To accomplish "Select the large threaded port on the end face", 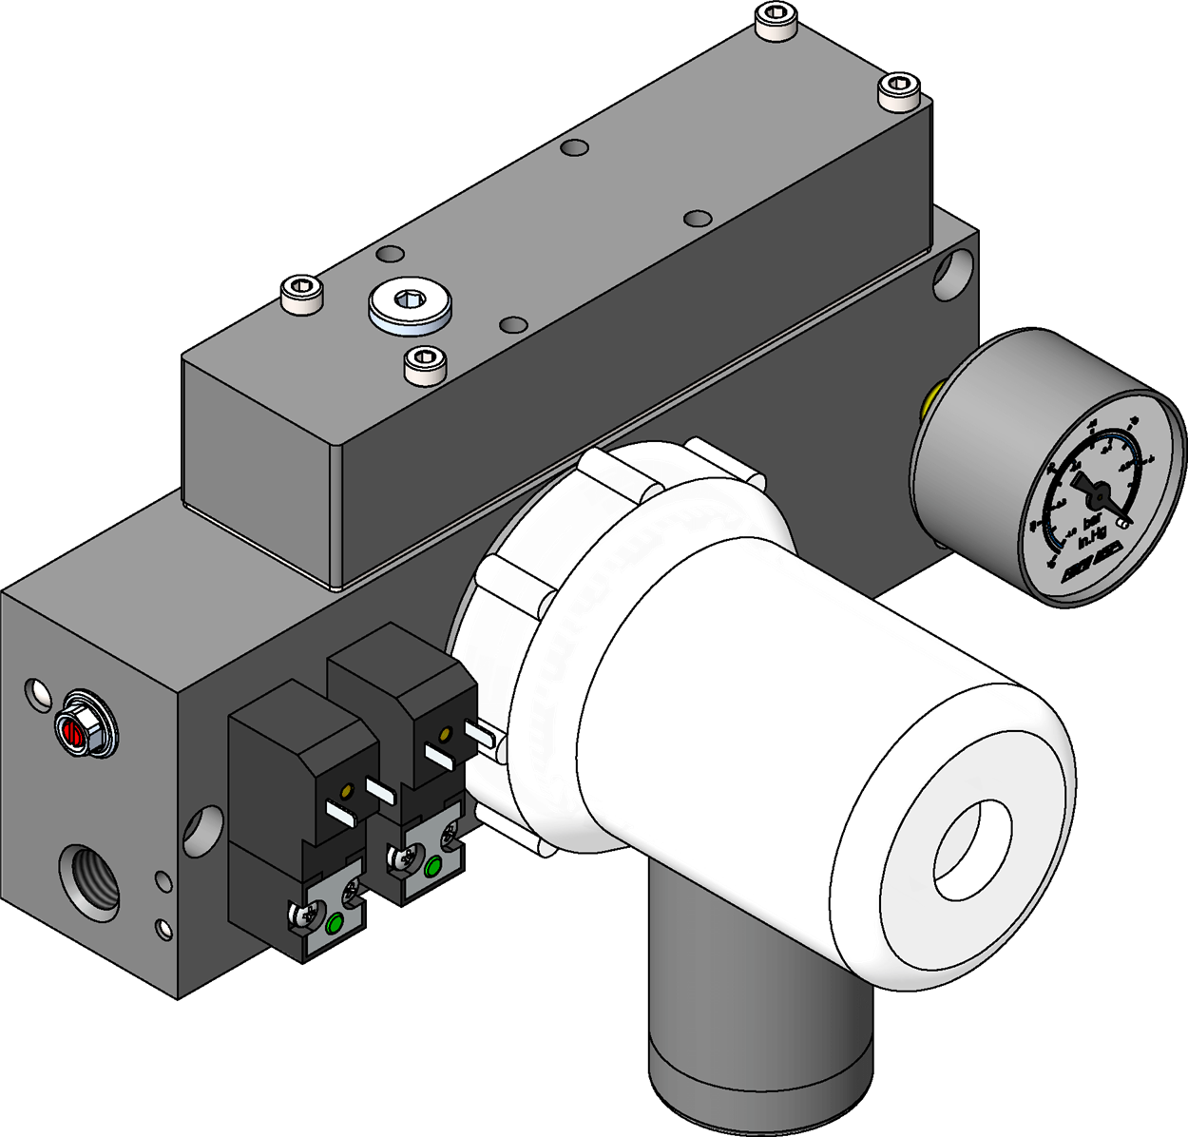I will point(93,876).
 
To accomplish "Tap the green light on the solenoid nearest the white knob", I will point(434,867).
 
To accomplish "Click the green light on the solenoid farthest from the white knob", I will point(335,923).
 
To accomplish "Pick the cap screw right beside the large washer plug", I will point(424,363).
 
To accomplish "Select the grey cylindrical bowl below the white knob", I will point(760,1027).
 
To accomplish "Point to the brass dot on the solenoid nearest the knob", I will point(445,734).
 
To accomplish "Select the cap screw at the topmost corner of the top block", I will point(776,24).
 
